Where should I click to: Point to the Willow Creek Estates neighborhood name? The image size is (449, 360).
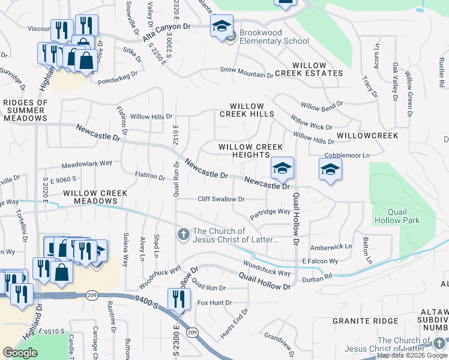tap(309, 70)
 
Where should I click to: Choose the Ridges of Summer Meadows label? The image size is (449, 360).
tap(25, 110)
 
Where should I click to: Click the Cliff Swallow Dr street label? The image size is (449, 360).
tap(221, 199)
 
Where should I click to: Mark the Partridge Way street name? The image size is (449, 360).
tap(270, 212)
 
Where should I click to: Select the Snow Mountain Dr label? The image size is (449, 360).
tap(246, 70)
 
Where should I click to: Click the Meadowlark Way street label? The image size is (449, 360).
tap(87, 163)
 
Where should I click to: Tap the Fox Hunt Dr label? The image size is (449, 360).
tap(214, 302)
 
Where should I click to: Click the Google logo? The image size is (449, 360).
tap(20, 353)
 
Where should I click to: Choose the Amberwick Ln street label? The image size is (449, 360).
tap(331, 247)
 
